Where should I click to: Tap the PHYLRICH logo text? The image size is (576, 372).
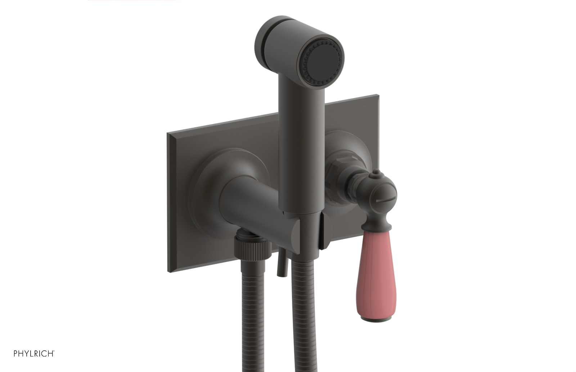[34, 354]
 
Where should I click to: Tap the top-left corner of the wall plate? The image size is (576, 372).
[168, 134]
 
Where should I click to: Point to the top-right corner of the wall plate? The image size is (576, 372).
[378, 96]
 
